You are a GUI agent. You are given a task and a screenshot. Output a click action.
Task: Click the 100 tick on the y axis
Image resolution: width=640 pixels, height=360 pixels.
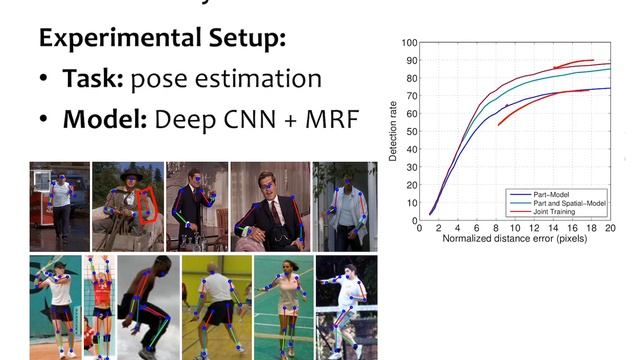[x=408, y=43]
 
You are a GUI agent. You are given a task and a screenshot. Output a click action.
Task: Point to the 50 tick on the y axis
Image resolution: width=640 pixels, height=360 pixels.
[x=410, y=132]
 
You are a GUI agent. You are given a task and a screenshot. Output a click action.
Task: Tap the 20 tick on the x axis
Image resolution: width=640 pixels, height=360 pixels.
[x=610, y=229]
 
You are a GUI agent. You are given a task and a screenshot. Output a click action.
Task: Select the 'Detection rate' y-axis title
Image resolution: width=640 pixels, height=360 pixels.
[x=394, y=132]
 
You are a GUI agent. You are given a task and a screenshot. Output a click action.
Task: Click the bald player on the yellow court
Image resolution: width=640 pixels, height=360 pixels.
[x=214, y=305]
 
